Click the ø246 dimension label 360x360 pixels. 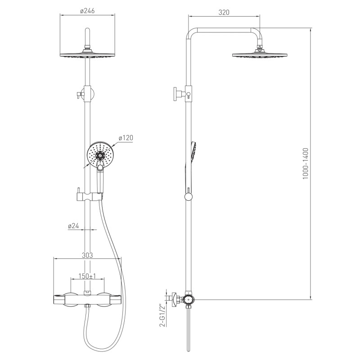point(87,11)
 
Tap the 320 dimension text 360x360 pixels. point(224,12)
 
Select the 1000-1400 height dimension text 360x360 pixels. point(306,164)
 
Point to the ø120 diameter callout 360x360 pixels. point(126,138)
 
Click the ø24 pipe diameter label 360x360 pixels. point(73,226)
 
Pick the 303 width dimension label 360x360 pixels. point(87,255)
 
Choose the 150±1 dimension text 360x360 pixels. point(87,276)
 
